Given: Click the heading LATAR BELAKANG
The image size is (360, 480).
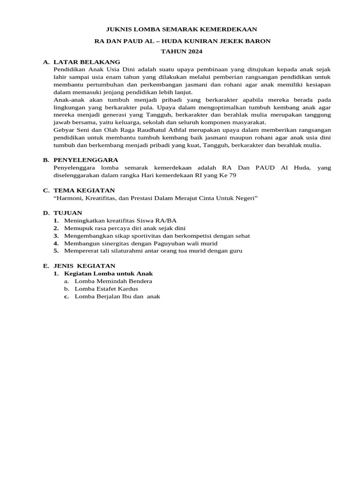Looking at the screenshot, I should (x=87, y=62).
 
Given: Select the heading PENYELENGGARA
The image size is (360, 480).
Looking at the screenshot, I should (x=86, y=160).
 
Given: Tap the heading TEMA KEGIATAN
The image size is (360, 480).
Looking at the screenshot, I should (x=84, y=190).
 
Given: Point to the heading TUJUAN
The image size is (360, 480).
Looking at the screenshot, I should (x=68, y=213).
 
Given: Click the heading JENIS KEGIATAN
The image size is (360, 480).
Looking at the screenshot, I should (x=84, y=266).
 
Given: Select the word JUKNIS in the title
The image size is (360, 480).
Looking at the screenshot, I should (x=120, y=29).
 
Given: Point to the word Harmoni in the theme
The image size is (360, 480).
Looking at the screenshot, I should (x=70, y=198).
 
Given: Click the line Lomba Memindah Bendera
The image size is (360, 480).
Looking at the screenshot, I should (x=113, y=281).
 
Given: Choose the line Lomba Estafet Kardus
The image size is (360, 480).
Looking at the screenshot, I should (x=106, y=288).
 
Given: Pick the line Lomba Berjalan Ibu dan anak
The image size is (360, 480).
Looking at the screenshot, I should (x=117, y=296).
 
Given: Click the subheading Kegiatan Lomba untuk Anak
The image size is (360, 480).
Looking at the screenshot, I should (x=108, y=273).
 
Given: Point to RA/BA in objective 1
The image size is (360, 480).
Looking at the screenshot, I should (x=167, y=220).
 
